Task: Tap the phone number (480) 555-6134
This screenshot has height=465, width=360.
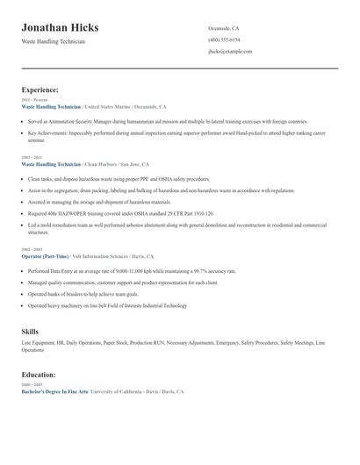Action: [x=224, y=40]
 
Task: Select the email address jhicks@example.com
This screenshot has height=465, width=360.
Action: [x=230, y=52]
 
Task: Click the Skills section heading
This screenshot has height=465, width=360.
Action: [x=30, y=332]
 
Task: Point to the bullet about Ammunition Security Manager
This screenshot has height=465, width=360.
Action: [x=167, y=122]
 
